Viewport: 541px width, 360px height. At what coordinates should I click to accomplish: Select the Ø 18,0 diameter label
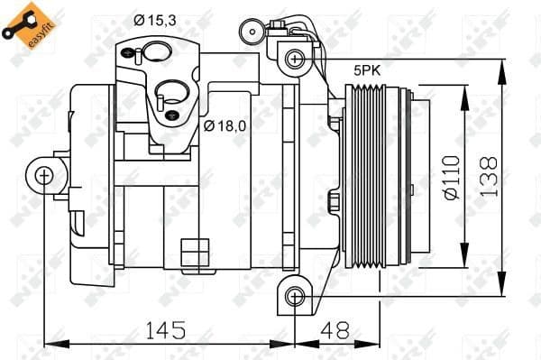click(226, 125)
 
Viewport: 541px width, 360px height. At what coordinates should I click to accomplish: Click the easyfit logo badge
click(23, 23)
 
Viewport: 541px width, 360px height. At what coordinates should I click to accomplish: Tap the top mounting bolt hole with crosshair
click(294, 60)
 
